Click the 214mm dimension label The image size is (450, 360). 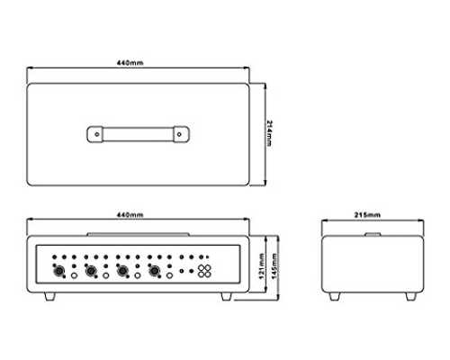269,133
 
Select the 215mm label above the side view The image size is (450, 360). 367,215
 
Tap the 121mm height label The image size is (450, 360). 262,266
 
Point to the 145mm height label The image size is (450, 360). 274,266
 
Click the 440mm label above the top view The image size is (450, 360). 130,63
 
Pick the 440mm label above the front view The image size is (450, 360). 130,215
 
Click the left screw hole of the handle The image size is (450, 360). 97,134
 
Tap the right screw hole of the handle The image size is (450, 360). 179,134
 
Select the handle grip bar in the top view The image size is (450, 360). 138,134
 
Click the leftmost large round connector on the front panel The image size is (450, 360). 58,271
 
